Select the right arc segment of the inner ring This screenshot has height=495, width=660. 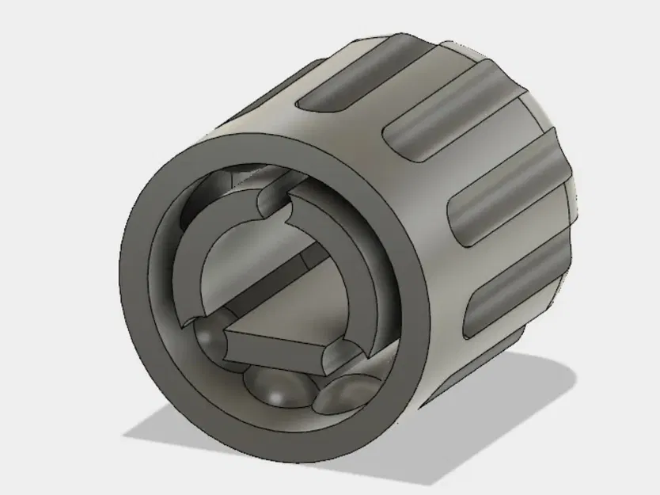tap(360, 261)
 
